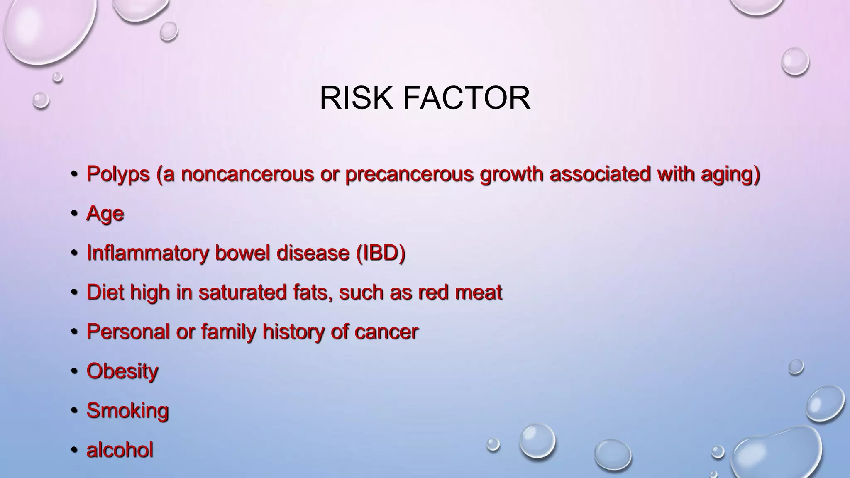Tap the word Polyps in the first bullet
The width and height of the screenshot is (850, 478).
coord(118,174)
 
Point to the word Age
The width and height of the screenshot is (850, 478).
coord(105,214)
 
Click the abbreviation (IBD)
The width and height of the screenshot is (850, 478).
coord(381,253)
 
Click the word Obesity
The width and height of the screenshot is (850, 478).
coord(122,371)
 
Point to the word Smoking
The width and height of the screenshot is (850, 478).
coord(127,410)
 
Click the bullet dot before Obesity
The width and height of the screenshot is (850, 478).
coord(74,371)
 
